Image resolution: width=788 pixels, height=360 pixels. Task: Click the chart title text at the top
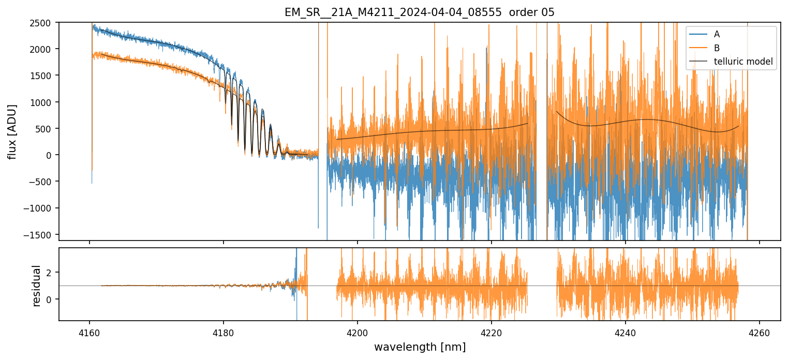(419, 12)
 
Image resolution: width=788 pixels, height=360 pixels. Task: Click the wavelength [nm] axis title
(419, 347)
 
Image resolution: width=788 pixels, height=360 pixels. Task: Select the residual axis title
(36, 286)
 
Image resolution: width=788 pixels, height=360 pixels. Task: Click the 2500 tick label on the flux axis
(43, 23)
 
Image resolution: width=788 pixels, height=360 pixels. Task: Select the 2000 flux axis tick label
(43, 49)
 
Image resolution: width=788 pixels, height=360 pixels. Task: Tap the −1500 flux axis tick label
(41, 235)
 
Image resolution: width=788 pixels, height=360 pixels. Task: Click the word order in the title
(524, 12)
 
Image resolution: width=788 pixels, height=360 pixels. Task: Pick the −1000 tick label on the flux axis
(41, 208)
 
